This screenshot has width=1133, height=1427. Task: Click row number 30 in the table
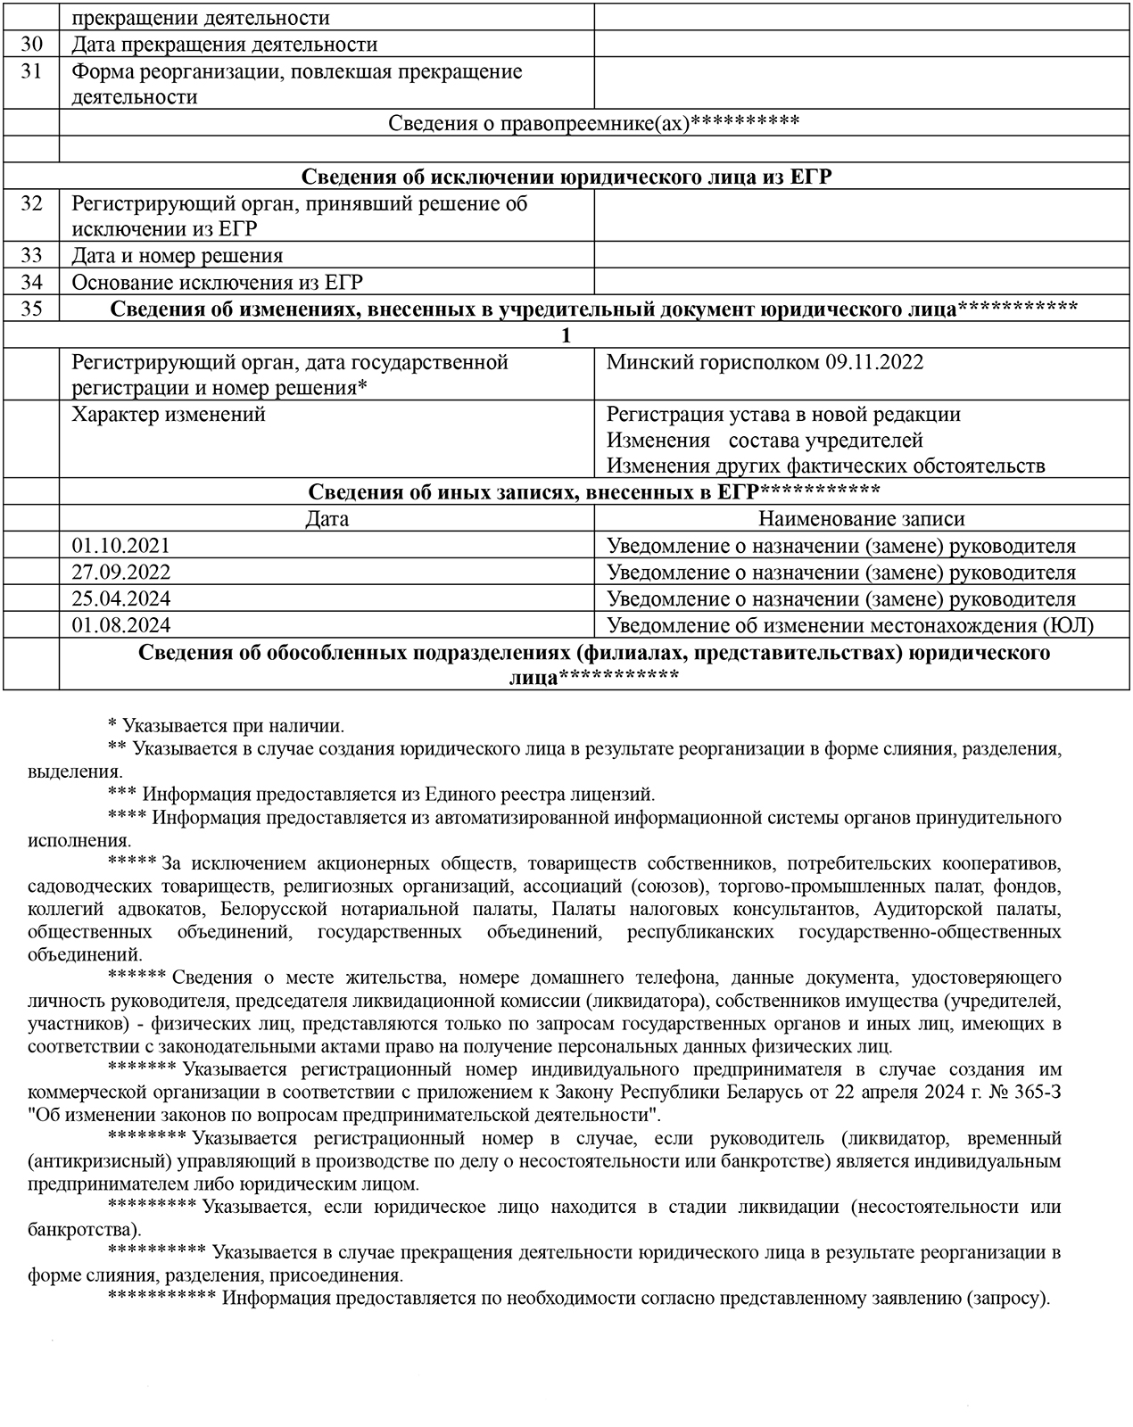pos(31,45)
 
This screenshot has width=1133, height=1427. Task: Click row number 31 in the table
pos(31,71)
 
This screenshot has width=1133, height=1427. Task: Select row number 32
pos(31,204)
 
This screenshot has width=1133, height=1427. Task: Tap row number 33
pos(31,256)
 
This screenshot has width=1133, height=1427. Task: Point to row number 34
pos(31,283)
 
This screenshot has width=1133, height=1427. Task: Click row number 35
pos(31,309)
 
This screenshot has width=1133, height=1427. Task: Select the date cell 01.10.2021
pos(120,546)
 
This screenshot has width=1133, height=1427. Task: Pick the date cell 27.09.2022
pos(120,573)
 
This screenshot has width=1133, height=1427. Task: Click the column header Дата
pos(327,519)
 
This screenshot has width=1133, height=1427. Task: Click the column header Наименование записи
pos(861,519)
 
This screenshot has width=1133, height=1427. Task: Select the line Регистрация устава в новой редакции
pos(783,415)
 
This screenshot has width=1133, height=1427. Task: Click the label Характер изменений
pos(169,415)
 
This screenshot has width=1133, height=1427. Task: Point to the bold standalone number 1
pos(566,336)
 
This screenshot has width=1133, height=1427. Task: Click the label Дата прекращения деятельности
pos(224,45)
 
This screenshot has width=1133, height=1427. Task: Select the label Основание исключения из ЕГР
pos(217,283)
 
